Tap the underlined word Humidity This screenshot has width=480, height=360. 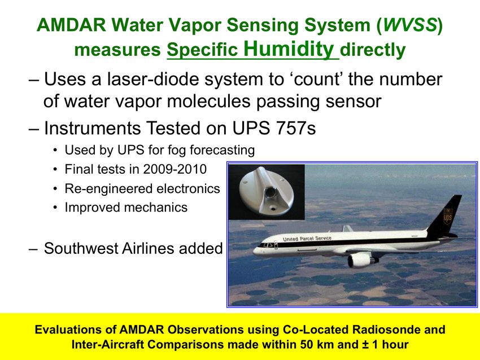tap(289, 49)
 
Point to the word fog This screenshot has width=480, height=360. tap(177, 151)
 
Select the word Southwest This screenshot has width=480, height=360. tap(81, 248)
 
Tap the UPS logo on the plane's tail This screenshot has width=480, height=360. tap(448, 216)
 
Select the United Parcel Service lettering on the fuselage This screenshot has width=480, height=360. tap(307, 239)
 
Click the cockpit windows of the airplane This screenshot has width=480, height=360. tap(266, 245)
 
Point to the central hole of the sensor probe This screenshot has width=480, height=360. tap(270, 192)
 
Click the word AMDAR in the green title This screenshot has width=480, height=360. tap(71, 25)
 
